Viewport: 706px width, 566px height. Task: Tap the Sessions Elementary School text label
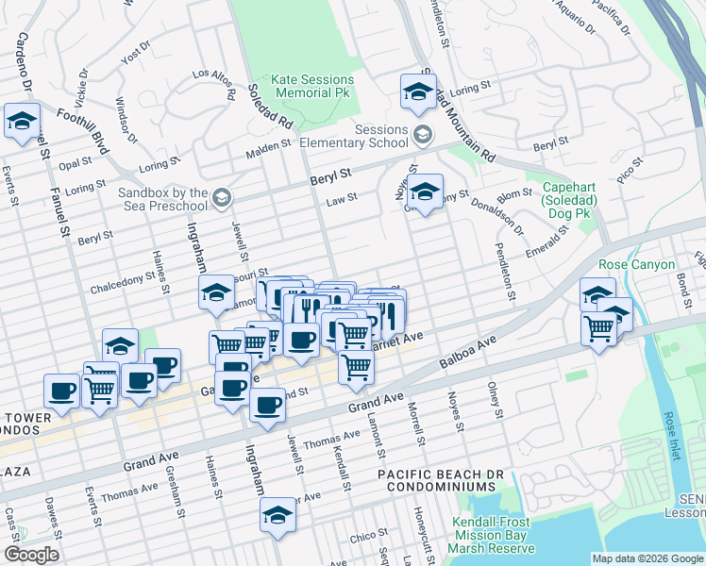coord(354,137)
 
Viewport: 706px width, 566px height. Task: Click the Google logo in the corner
coord(31,555)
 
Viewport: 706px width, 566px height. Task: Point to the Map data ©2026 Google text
coord(647,558)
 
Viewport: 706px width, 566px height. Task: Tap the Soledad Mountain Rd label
coord(458,113)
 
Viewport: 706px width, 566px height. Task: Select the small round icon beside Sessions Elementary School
coord(423,137)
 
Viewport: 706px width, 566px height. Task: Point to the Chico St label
coord(363,537)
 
